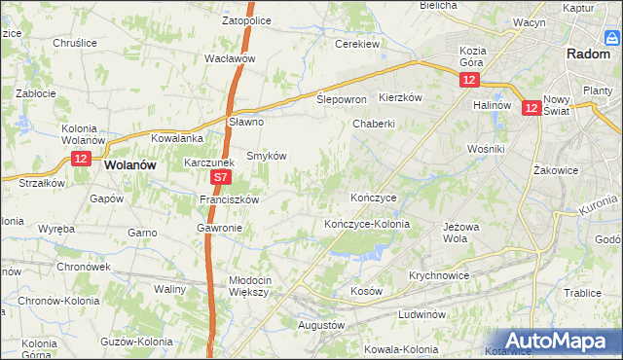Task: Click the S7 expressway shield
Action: point(221,178)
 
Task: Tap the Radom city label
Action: point(587,54)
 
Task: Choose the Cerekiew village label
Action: point(356,45)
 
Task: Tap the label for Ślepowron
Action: point(342,99)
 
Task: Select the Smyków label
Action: point(265,155)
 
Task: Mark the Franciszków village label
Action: point(229,199)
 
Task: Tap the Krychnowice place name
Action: point(440,275)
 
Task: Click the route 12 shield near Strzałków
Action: point(81,158)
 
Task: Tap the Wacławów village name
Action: point(230,58)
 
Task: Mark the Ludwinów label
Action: point(421,314)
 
